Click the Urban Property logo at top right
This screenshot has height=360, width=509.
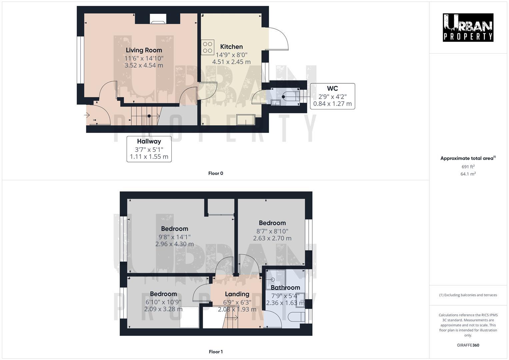(x=468, y=27)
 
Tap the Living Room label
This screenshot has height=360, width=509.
(x=144, y=50)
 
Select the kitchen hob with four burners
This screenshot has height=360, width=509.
(x=207, y=47)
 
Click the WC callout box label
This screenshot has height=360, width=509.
(x=332, y=89)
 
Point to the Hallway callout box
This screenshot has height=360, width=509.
(x=149, y=149)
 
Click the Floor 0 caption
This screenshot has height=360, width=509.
(x=215, y=173)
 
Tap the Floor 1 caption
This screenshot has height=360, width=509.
(x=215, y=352)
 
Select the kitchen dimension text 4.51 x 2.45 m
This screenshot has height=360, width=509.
(x=231, y=62)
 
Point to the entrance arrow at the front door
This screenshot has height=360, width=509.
(x=87, y=115)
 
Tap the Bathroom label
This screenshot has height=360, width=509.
(x=285, y=288)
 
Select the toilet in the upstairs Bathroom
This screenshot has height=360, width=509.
(x=296, y=316)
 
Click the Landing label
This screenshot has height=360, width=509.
(x=237, y=294)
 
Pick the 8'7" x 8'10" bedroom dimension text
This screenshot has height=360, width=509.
(x=272, y=231)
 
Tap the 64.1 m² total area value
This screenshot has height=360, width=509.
(x=468, y=174)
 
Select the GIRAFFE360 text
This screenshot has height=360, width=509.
(x=468, y=345)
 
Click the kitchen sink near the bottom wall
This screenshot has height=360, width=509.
(x=246, y=119)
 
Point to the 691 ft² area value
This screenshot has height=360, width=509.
(x=468, y=167)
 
